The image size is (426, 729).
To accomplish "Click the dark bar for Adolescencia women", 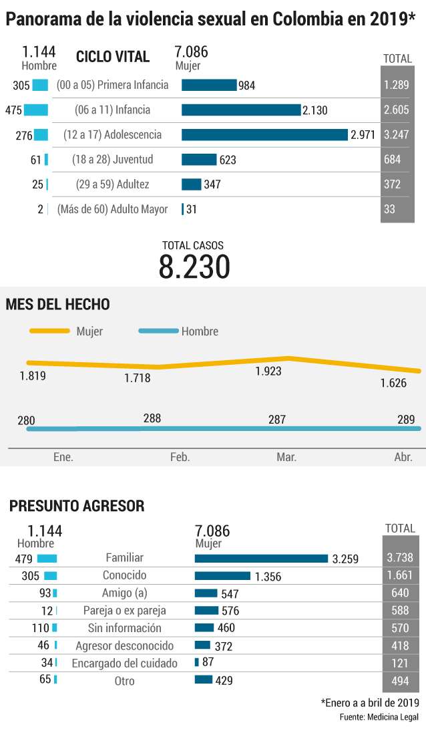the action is tap(264, 135).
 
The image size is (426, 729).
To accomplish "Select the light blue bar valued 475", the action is tap(36, 110).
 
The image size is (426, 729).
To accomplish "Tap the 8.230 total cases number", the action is tap(194, 267).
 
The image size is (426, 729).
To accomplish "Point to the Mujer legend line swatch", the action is tap(49, 331).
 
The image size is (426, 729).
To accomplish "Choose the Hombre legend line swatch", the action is tap(158, 331).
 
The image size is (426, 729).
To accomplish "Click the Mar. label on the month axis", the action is tap(286, 457).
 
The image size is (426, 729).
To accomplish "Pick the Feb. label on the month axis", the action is tap(180, 457).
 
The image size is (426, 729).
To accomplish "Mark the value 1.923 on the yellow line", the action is tap(268, 371).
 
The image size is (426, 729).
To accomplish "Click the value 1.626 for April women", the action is tap(393, 383).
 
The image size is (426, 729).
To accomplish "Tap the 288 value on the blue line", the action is tap(152, 418).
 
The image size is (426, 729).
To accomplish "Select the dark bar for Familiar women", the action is tap(262, 559).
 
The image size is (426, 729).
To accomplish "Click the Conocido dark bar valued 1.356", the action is tap(222, 576).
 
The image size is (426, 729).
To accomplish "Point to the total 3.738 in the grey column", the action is tap(400, 557).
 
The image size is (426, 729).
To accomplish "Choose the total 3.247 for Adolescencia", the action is tap(396, 135).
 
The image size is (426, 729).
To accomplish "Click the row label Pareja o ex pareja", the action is tap(124, 611).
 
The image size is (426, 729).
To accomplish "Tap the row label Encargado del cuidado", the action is tap(124, 664).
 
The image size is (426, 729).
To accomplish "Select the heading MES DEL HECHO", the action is tap(57, 305).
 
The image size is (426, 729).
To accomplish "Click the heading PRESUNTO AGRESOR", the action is tap(77, 506).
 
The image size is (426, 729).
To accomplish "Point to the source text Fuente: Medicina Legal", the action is tap(379, 717).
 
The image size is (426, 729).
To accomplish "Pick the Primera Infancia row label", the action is tap(112, 85).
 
